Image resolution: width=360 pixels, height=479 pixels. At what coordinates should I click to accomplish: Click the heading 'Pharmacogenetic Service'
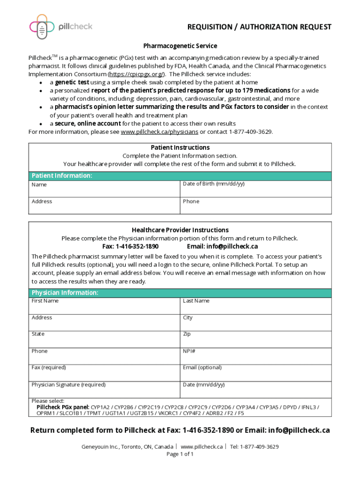(180, 46)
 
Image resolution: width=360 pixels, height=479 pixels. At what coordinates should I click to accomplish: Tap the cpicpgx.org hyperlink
(136, 74)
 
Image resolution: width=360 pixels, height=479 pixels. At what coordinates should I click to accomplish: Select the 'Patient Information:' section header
(62, 176)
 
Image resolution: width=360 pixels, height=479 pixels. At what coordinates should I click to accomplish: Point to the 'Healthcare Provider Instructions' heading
(180, 230)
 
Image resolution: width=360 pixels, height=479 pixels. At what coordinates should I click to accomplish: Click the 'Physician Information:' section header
(65, 293)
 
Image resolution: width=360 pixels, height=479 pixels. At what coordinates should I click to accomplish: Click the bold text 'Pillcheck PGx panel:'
(63, 407)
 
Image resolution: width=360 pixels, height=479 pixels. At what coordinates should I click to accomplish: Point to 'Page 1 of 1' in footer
(180, 454)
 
